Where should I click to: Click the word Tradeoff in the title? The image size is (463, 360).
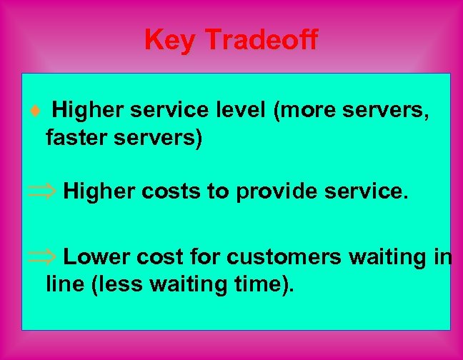(x=261, y=40)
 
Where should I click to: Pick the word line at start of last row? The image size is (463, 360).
(x=61, y=284)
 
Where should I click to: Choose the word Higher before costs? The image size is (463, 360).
(x=96, y=191)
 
